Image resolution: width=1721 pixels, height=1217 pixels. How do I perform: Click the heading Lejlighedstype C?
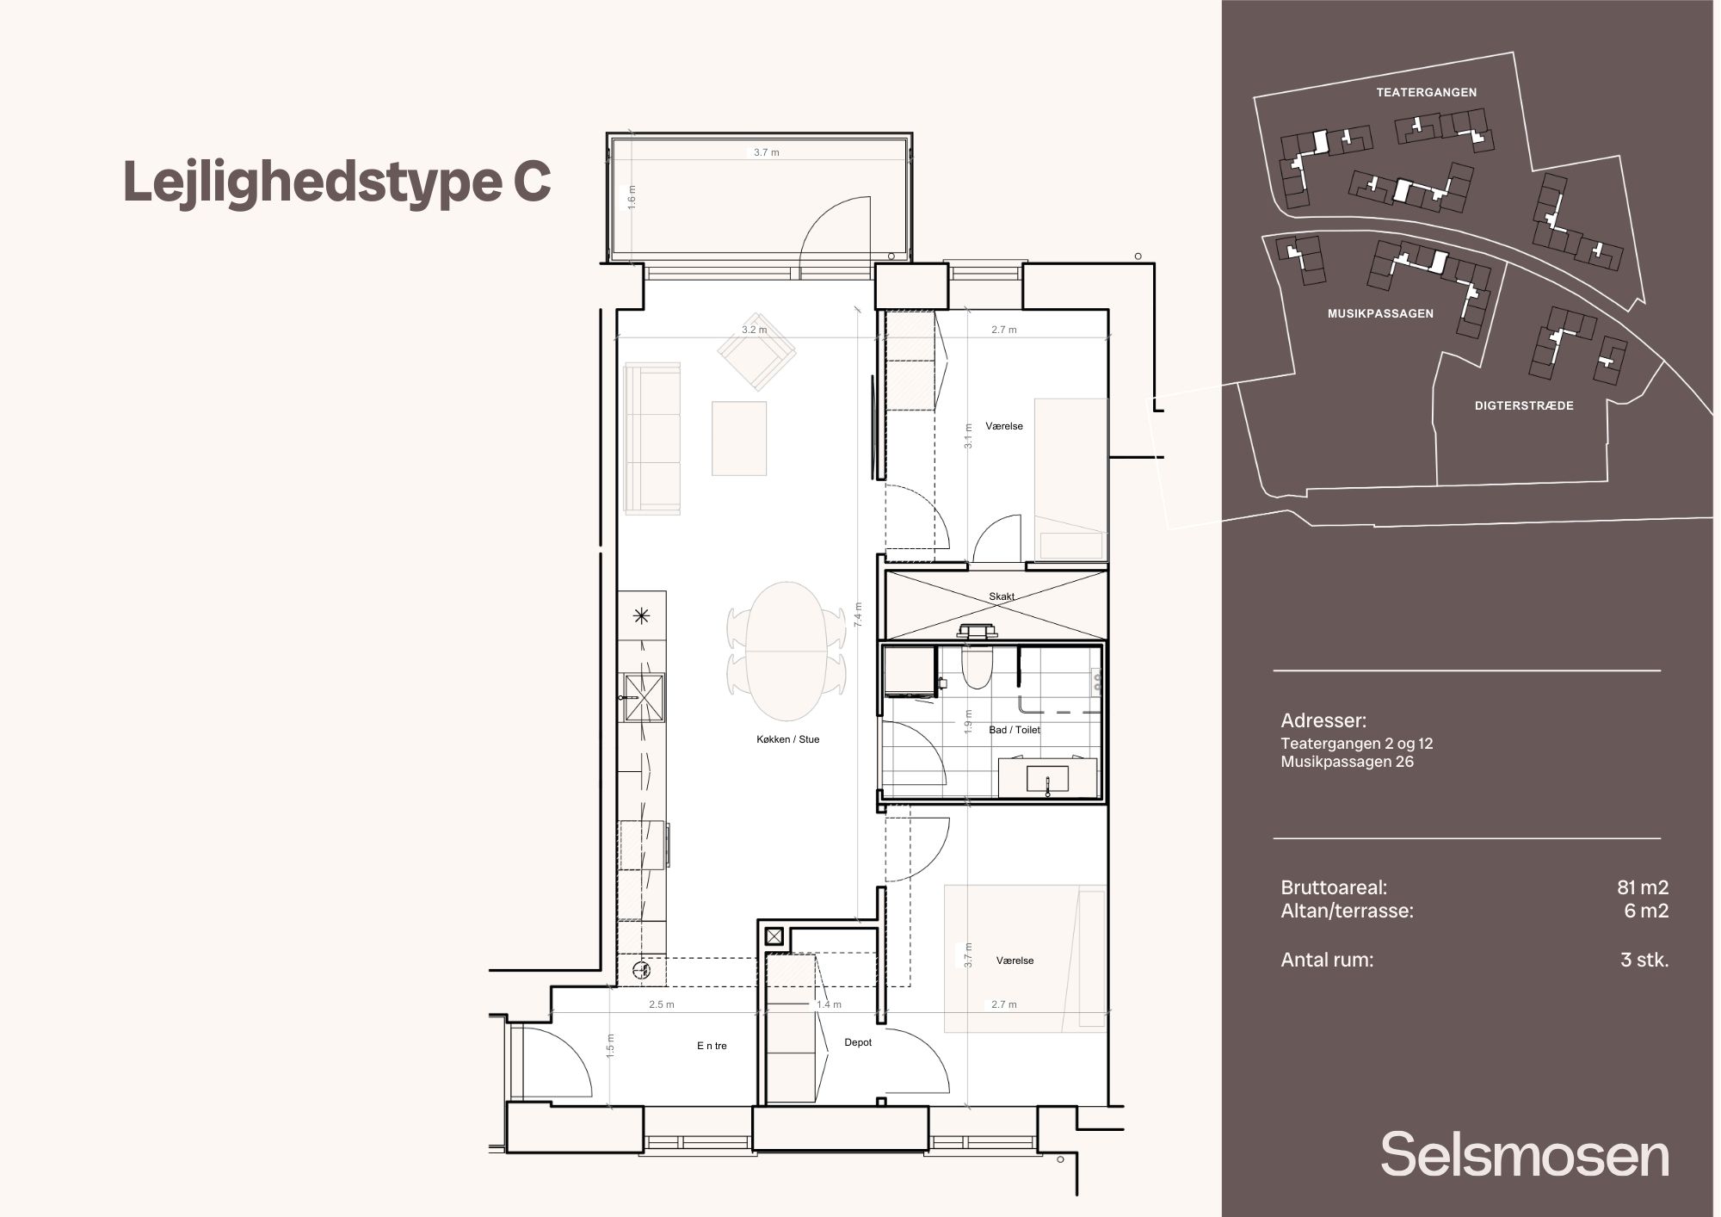[x=337, y=182]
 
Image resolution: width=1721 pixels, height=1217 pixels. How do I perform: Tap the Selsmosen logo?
[x=1525, y=1154]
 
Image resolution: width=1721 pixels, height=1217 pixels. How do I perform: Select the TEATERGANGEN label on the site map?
[x=1426, y=92]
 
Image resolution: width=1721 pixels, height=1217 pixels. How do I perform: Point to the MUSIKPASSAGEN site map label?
[x=1380, y=314]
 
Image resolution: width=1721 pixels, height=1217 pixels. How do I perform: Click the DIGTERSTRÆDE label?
[x=1524, y=405]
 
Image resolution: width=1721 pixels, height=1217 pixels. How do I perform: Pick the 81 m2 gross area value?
[x=1643, y=887]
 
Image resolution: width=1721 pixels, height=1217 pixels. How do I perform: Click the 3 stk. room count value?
[x=1644, y=960]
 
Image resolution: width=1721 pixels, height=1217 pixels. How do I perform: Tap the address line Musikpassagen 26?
[x=1347, y=762]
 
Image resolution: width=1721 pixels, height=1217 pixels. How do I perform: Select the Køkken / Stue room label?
[x=788, y=739]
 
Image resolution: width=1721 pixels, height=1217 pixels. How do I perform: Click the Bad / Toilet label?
[x=1015, y=730]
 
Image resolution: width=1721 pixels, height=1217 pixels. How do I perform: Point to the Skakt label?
[x=1002, y=596]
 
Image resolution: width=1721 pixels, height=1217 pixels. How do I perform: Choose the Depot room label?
[x=858, y=1042]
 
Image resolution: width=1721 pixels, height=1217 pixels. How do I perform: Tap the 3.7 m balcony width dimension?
[x=767, y=152]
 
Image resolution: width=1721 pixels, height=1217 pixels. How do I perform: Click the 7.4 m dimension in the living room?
[x=858, y=615]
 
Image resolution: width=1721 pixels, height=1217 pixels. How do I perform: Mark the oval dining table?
[x=786, y=652]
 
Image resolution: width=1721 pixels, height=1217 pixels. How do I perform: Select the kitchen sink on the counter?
[x=645, y=695]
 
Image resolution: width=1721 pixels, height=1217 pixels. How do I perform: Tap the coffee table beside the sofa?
[x=739, y=438]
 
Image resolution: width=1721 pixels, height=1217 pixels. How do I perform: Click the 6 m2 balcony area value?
[x=1646, y=911]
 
